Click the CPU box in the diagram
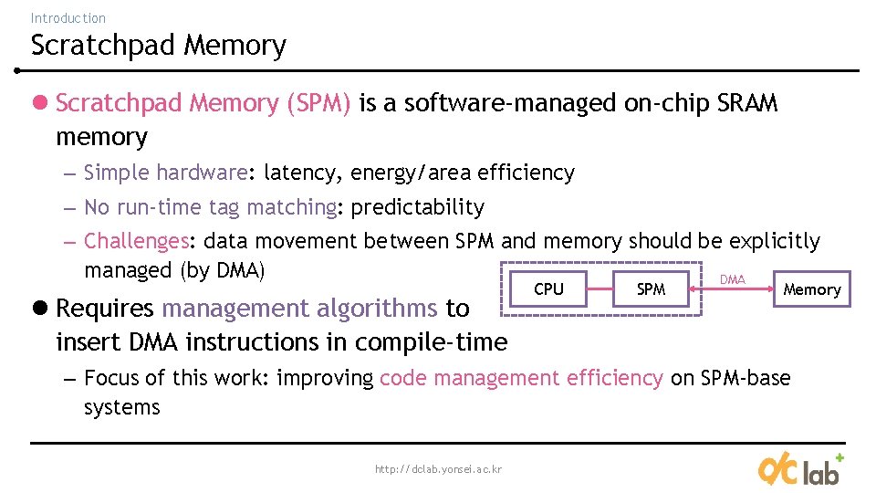[548, 289]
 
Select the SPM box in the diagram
[651, 289]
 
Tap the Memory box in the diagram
[811, 289]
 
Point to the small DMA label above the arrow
[733, 279]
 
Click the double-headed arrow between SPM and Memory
[732, 290]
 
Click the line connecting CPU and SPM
[600, 289]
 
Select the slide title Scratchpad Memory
[158, 45]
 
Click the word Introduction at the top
[68, 17]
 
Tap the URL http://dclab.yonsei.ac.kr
[438, 469]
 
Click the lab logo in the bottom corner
[799, 469]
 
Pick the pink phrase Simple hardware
[165, 173]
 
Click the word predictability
[417, 207]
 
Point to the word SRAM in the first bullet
[748, 103]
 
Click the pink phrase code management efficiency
[521, 378]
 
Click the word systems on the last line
[121, 407]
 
